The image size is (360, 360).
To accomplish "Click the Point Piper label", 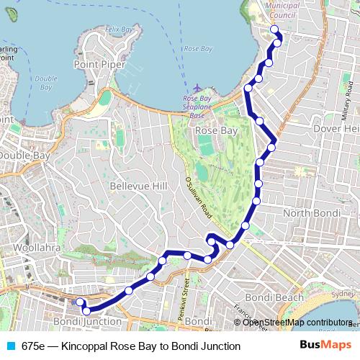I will pos(99,64).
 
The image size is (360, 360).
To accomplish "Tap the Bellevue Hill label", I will pos(138,186).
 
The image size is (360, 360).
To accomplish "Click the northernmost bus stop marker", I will pos(274,30).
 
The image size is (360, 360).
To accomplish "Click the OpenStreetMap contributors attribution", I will pos(297,323).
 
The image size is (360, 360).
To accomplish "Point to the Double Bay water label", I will pos(45,82).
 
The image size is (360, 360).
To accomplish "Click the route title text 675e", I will pos(33,346).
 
